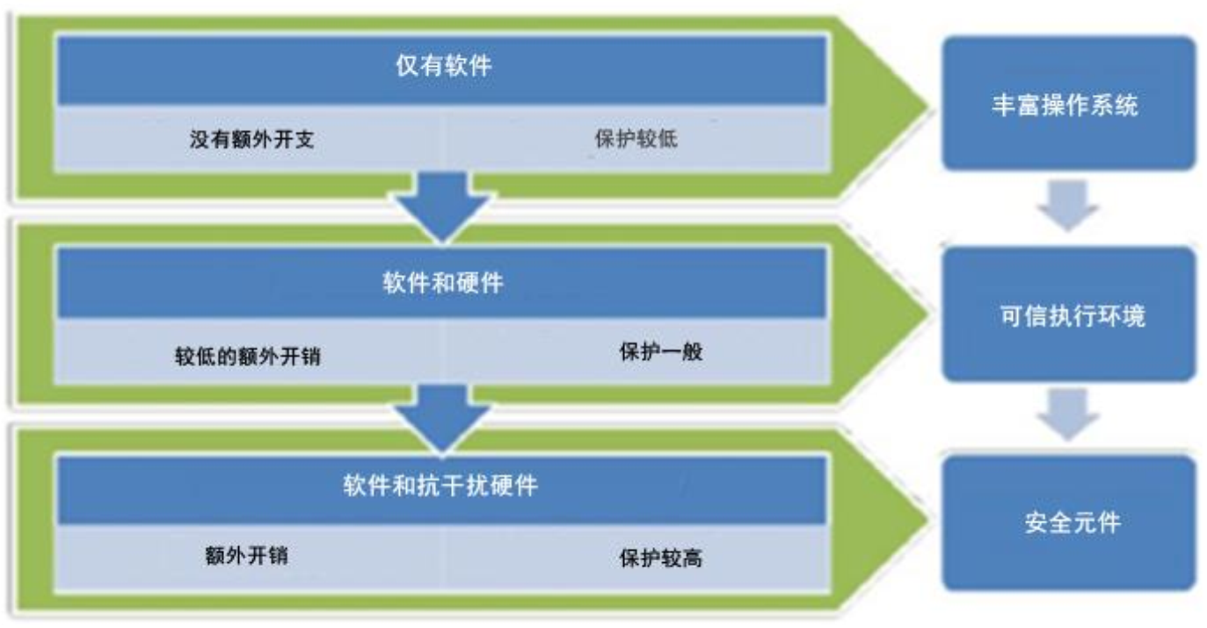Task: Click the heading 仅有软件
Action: [x=442, y=67]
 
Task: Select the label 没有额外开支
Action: [x=251, y=140]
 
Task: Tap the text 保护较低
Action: [x=629, y=140]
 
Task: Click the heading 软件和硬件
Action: [x=442, y=283]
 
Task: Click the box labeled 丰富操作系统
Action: [x=1069, y=105]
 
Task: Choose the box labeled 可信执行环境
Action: [x=1069, y=315]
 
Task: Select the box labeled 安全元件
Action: [x=1069, y=523]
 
